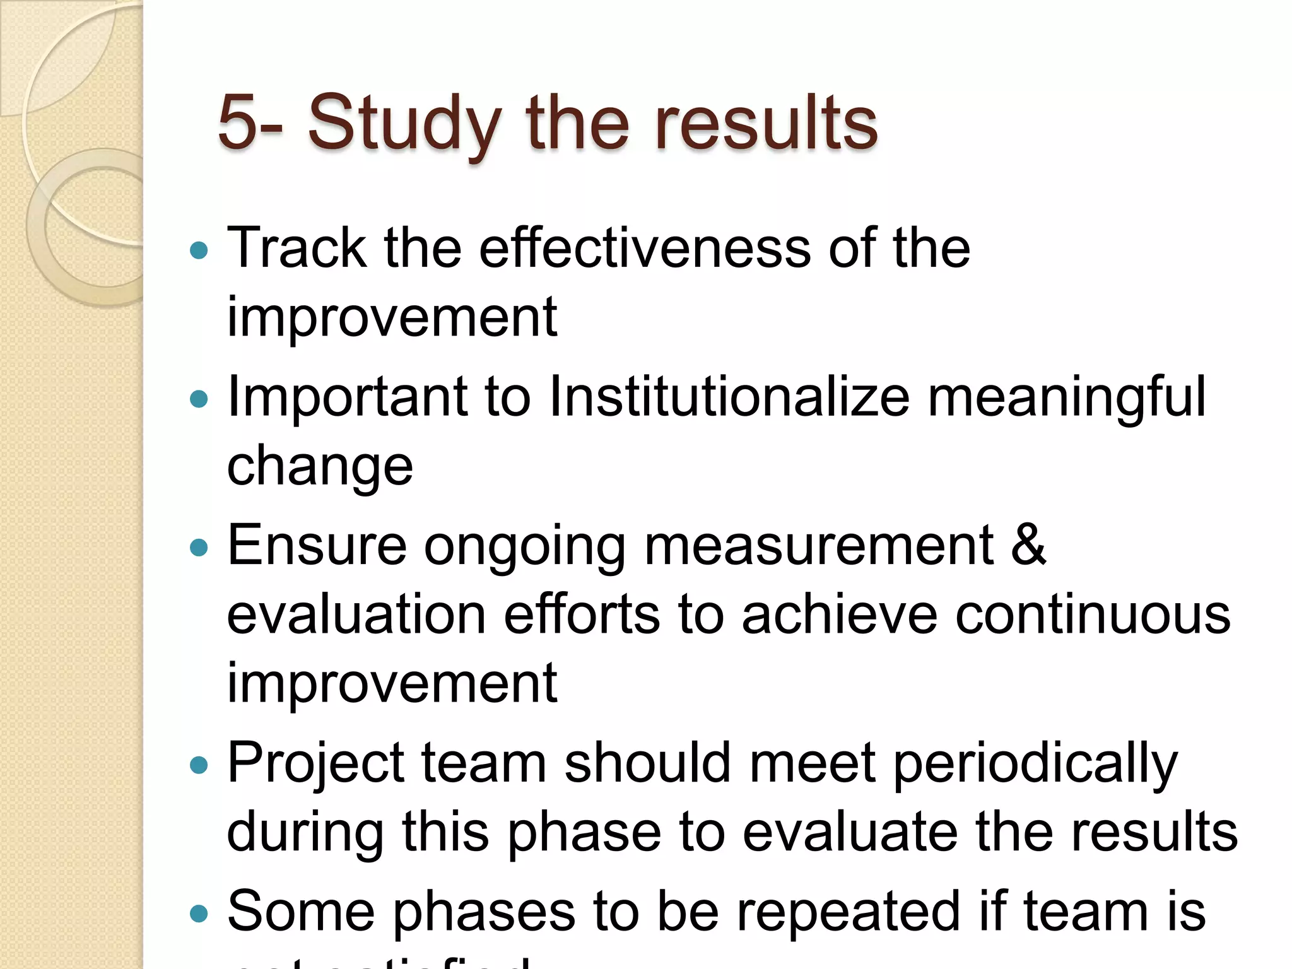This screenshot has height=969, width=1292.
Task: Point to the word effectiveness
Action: [x=644, y=248]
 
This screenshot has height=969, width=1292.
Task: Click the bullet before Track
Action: [x=199, y=250]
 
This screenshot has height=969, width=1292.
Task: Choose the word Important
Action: [x=348, y=397]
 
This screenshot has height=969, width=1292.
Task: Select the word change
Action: [x=320, y=466]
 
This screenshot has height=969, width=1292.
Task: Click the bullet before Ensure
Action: [x=199, y=547]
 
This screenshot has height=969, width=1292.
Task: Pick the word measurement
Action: [x=819, y=545]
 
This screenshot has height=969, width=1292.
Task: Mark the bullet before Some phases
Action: [x=199, y=913]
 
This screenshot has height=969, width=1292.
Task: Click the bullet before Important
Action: [x=199, y=399]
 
